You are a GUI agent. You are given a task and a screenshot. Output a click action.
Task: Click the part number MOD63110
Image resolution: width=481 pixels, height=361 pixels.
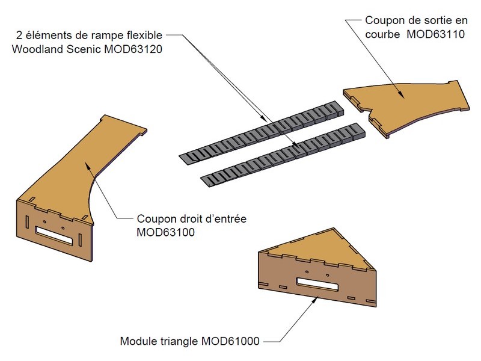tap(435, 34)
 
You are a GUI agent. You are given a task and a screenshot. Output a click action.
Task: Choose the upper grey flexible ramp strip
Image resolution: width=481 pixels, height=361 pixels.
tap(265, 132)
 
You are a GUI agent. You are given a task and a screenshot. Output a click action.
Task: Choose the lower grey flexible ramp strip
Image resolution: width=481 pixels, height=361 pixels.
tap(283, 153)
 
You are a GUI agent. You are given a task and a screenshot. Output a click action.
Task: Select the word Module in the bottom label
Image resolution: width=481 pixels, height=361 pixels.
tap(138, 341)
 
